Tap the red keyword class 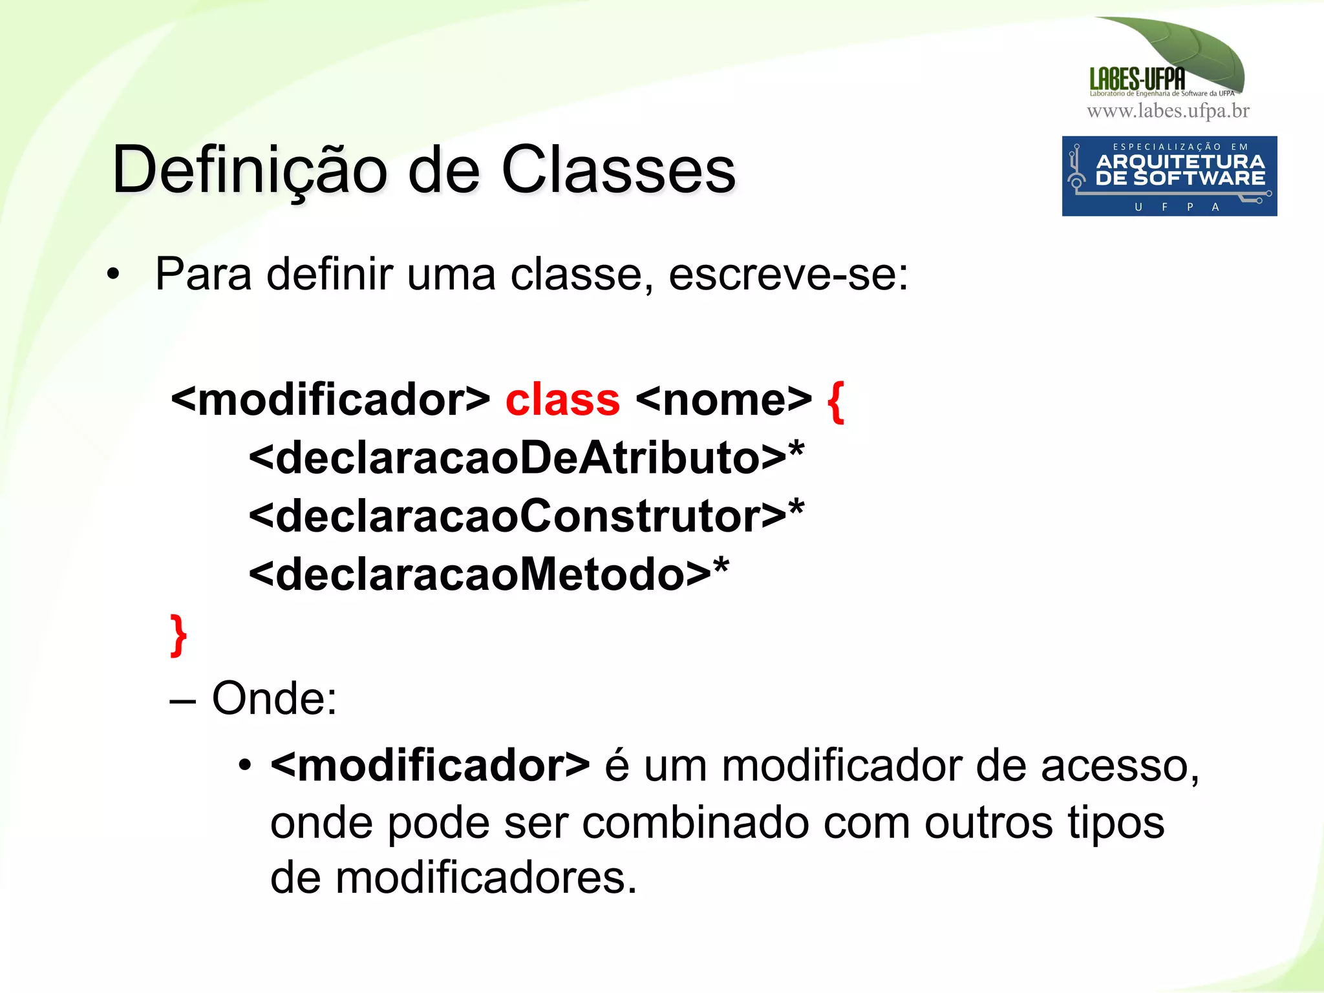coord(562,400)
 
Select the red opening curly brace coord(836,401)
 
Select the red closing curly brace coord(178,636)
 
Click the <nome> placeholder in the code coord(723,400)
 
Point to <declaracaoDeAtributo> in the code coord(517,458)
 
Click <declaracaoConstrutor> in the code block coord(517,516)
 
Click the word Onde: coord(274,698)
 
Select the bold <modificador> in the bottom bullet coord(430,766)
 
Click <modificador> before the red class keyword coord(330,400)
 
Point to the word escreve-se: coord(788,275)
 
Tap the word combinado coord(695,823)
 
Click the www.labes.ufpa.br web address coord(1168,111)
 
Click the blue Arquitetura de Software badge coord(1169,176)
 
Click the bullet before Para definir coord(114,274)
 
